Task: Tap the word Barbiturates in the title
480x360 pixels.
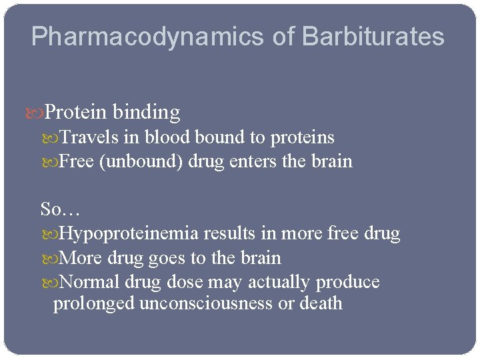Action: pos(373,37)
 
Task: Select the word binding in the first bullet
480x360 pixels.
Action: pos(147,113)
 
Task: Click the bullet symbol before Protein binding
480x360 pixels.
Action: pos(38,113)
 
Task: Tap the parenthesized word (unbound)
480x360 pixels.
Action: pos(141,161)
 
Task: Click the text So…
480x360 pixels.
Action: pos(60,209)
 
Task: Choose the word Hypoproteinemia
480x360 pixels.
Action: pos(129,234)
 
